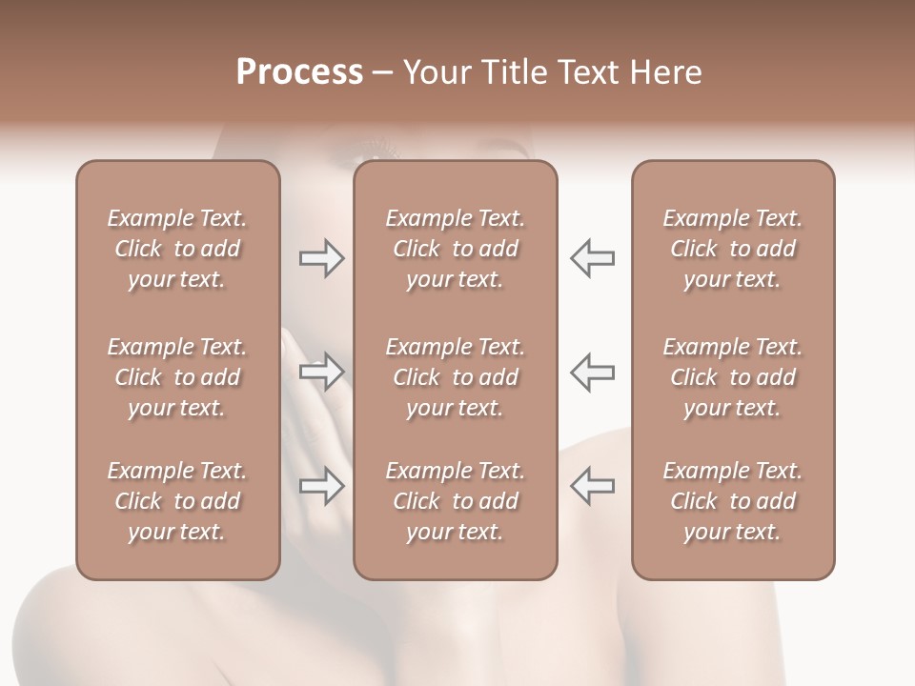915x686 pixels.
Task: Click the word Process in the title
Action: pyautogui.click(x=299, y=72)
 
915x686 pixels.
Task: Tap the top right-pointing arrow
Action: pyautogui.click(x=321, y=258)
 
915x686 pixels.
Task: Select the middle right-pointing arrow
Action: pyautogui.click(x=321, y=372)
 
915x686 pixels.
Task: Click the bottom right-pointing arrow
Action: pyautogui.click(x=321, y=486)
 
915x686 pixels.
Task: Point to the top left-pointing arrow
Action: pyautogui.click(x=592, y=258)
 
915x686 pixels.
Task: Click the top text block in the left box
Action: pyautogui.click(x=177, y=249)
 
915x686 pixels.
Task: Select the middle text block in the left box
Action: pyautogui.click(x=177, y=377)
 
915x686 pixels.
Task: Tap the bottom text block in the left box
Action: pyautogui.click(x=177, y=501)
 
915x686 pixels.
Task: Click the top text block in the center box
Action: pyautogui.click(x=455, y=249)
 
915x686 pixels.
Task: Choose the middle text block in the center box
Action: pyautogui.click(x=455, y=377)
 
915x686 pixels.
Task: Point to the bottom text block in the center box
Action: pyautogui.click(x=455, y=501)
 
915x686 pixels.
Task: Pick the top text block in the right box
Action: pyautogui.click(x=732, y=249)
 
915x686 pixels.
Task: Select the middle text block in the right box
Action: pyautogui.click(x=732, y=377)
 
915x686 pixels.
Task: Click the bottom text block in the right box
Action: pyautogui.click(x=732, y=501)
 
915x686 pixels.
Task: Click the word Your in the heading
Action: pyautogui.click(x=437, y=72)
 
